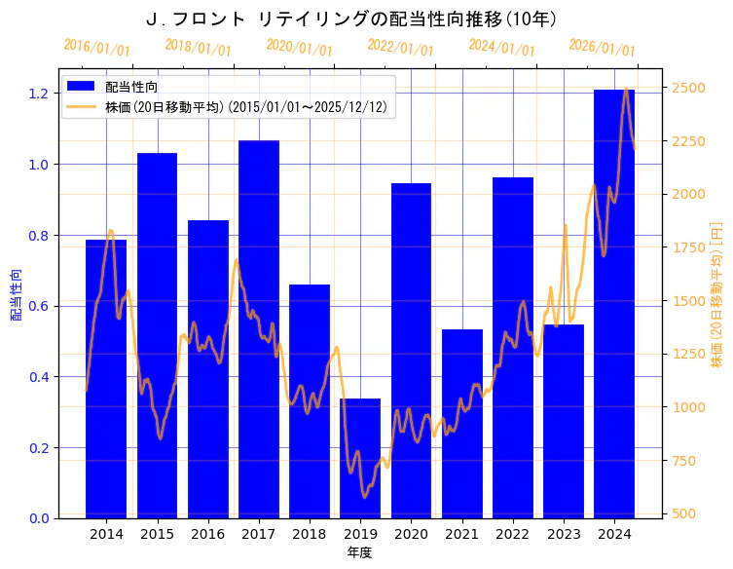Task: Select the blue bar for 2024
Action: (613, 303)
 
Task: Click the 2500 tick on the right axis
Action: (689, 88)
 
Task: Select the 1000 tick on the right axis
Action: (689, 407)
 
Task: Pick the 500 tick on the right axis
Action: (686, 513)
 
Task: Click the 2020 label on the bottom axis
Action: (411, 535)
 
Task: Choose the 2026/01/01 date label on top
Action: (603, 47)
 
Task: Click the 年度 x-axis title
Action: (359, 552)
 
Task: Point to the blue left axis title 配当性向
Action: (16, 294)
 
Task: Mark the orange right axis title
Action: (717, 294)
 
